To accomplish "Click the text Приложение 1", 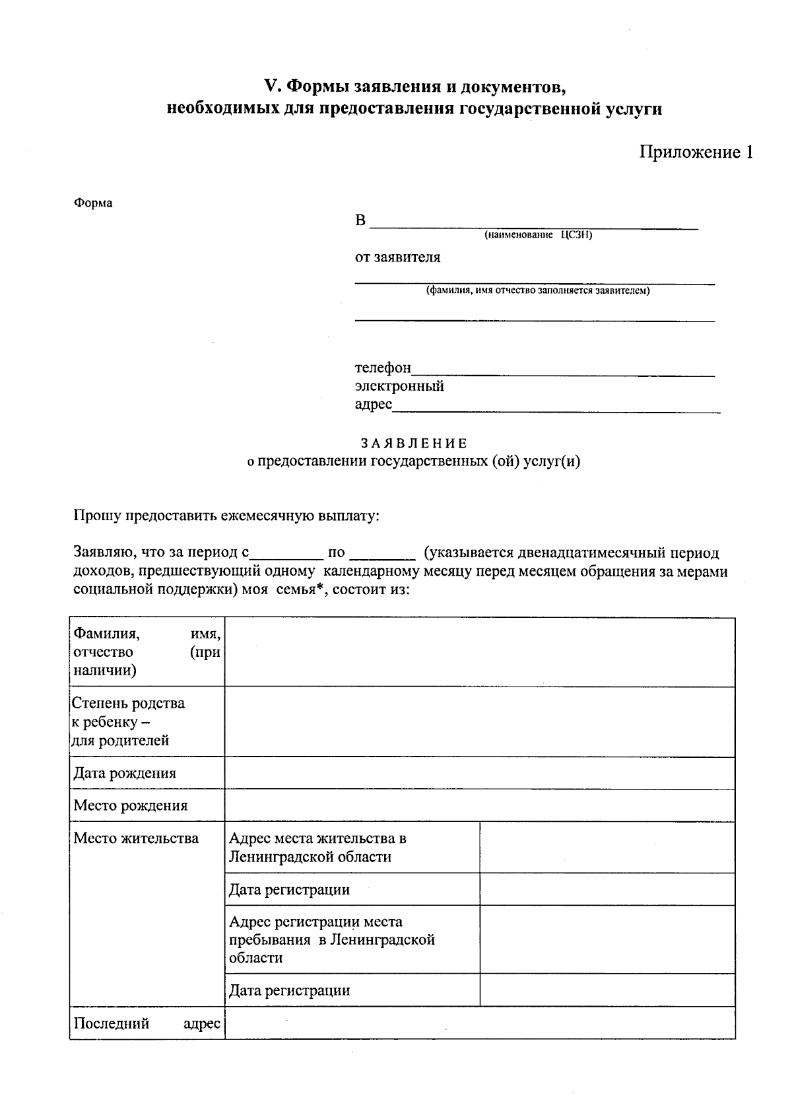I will point(696,152).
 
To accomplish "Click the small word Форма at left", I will point(92,203).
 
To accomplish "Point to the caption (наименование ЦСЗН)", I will point(538,235).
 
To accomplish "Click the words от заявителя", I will point(397,257).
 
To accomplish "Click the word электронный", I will point(399,386).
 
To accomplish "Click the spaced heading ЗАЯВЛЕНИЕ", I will point(414,443).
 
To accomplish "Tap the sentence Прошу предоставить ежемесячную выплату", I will point(226,515).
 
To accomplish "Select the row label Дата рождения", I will point(125,773).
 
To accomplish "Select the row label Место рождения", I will point(131,805).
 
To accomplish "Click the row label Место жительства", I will point(136,838).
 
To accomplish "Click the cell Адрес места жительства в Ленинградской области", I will point(317,848).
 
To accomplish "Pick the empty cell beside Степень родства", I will point(480,722).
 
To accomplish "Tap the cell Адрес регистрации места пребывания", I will point(331,939).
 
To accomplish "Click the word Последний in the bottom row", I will point(112,1023).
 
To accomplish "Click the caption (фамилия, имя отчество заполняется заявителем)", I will point(538,290).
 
